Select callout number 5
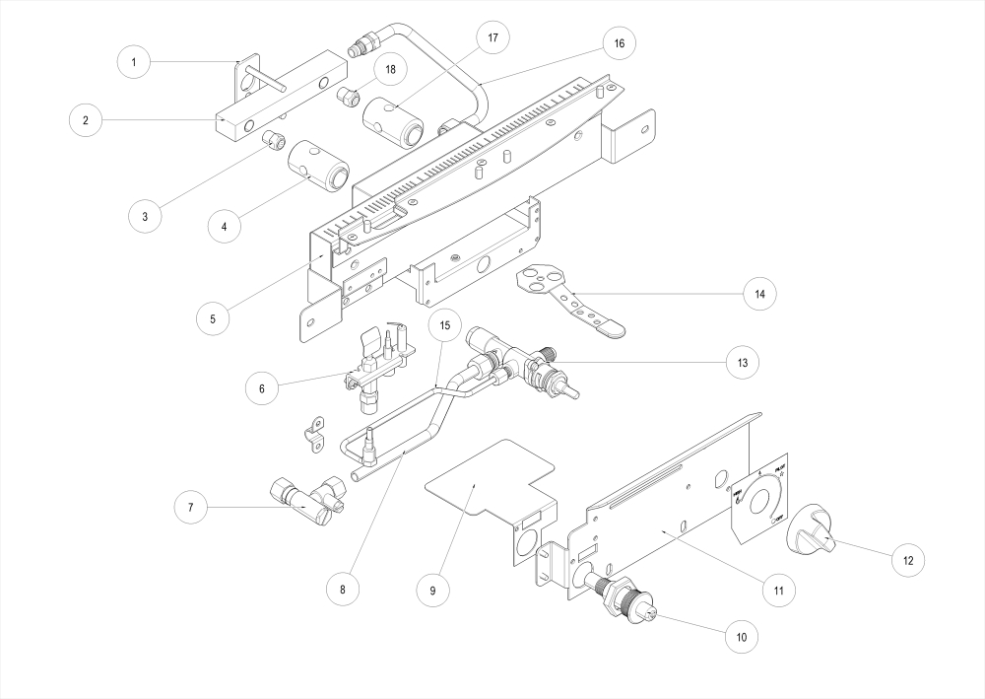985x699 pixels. click(213, 318)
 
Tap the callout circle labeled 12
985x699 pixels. click(907, 560)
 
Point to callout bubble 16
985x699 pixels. click(619, 43)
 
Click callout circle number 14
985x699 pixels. click(759, 293)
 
